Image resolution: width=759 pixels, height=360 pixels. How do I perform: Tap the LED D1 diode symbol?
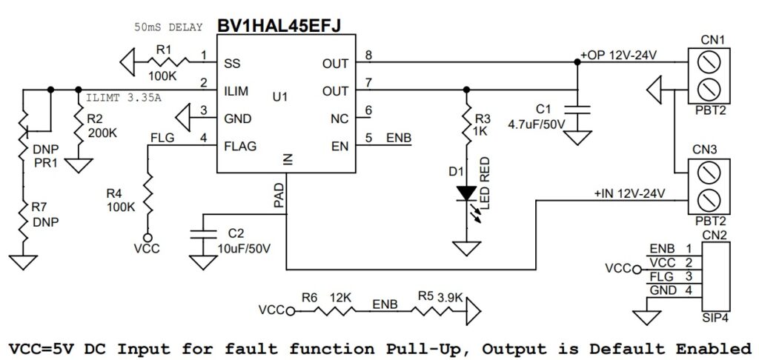466,193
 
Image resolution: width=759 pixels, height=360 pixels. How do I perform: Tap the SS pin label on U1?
231,63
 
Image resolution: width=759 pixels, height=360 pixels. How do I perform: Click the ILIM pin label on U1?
236,91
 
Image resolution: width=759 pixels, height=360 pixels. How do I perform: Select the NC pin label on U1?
339,119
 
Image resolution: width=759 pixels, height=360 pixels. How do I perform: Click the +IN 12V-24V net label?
629,193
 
